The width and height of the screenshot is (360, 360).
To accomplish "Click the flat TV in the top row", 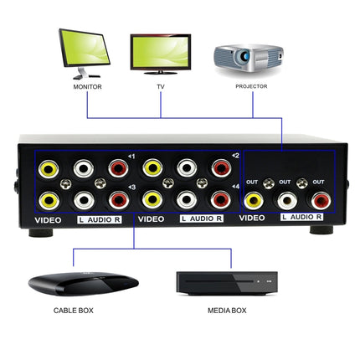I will coord(160,53).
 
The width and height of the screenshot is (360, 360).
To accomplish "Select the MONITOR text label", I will coord(87,86).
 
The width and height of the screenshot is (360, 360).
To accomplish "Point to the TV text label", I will coord(160,86).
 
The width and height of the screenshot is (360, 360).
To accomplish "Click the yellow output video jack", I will coord(255,200).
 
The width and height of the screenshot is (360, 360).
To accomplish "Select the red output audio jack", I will coord(319,200).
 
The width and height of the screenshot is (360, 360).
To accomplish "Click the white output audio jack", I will coord(287,200).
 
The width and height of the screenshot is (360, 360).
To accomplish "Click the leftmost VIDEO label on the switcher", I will coord(49,219).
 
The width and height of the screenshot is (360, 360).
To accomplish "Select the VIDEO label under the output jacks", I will coord(252,219).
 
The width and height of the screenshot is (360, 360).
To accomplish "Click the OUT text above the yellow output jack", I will coord(251,182).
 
